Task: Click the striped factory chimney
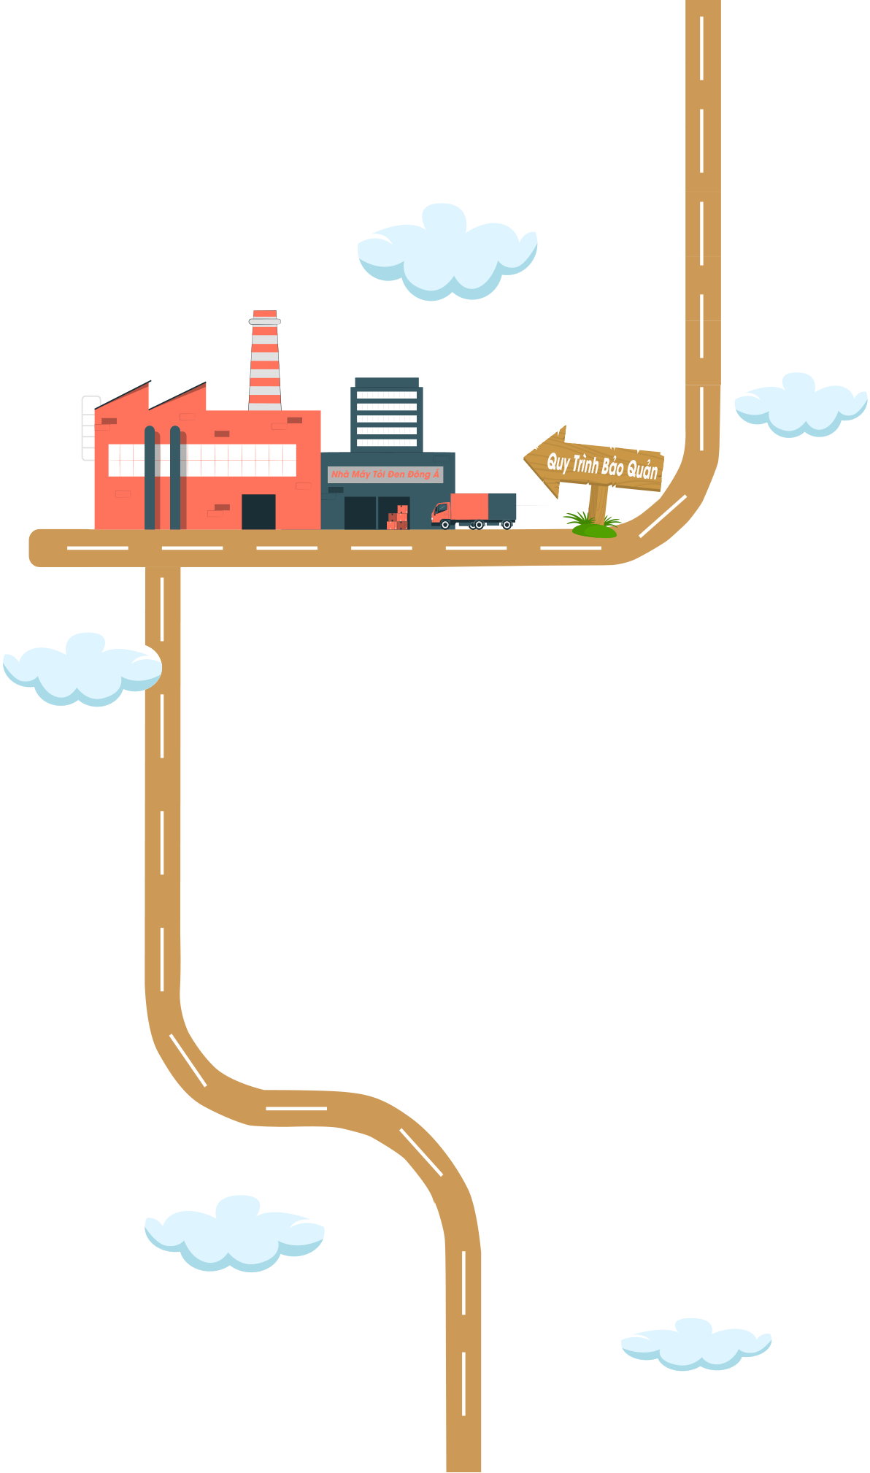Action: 265,361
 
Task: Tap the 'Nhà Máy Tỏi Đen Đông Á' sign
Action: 385,474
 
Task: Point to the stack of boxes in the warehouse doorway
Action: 398,518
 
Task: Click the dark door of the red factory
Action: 258,511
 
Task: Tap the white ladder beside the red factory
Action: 89,428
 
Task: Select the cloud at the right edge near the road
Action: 800,395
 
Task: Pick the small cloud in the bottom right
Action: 696,1337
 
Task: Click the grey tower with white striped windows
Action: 387,415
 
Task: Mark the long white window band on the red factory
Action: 202,460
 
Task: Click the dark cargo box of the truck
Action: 502,507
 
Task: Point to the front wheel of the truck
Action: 445,524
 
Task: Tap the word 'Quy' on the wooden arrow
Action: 558,462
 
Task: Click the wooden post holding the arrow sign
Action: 598,503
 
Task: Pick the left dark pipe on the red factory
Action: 150,478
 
